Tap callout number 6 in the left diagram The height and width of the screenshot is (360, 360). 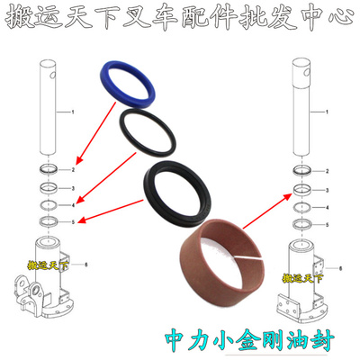85,265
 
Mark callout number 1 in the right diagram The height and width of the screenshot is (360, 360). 328,112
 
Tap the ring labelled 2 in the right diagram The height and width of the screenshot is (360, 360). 302,169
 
